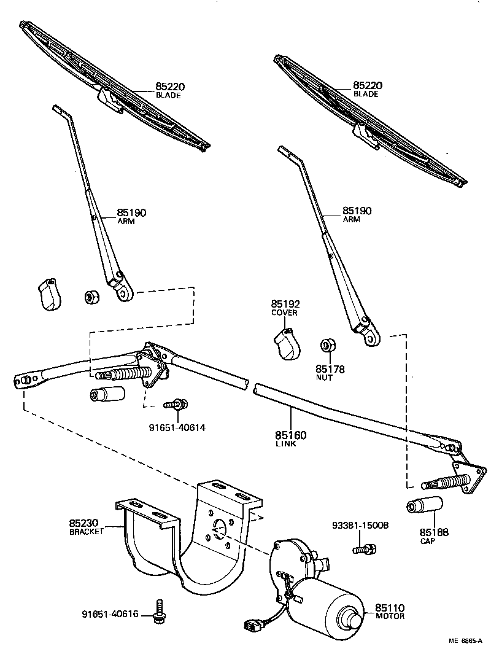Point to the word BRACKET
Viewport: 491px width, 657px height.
87,532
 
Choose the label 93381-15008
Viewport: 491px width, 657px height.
360,526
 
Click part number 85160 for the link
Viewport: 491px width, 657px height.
290,435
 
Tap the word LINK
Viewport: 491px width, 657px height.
286,444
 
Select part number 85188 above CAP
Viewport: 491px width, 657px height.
435,532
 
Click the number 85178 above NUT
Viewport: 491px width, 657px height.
330,369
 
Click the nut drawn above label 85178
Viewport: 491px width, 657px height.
327,345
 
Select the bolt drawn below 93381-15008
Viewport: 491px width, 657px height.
364,548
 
